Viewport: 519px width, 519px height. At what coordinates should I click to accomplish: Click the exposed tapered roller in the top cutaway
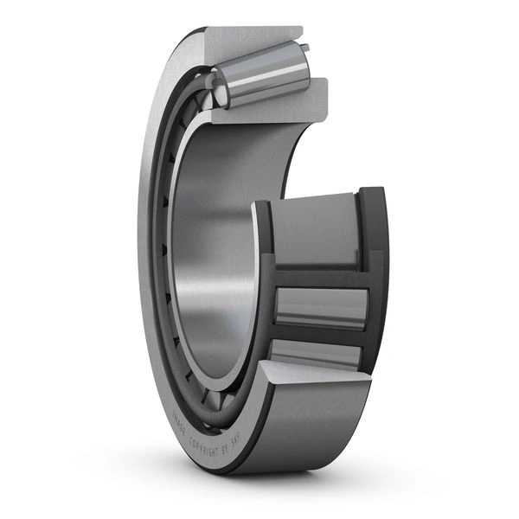264,80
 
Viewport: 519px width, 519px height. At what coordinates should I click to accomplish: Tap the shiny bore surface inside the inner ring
216,259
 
